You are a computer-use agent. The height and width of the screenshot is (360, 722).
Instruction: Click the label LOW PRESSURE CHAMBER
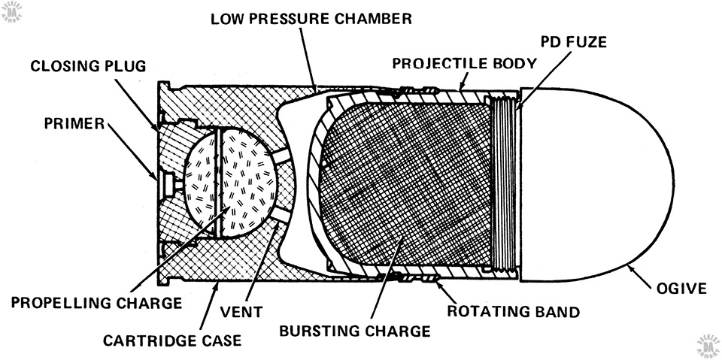coord(311,19)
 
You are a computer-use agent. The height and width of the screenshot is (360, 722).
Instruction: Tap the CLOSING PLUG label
coord(88,66)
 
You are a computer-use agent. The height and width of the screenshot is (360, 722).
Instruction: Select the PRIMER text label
coord(74,124)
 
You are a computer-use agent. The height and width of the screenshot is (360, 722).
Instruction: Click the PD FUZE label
coord(574,42)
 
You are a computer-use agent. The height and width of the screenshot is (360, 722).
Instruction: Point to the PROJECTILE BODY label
coord(465,63)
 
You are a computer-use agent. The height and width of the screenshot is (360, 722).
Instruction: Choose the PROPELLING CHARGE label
coord(97,303)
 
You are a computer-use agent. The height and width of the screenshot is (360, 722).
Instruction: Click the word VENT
coord(241,312)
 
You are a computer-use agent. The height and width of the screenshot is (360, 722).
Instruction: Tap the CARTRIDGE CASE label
coord(171,340)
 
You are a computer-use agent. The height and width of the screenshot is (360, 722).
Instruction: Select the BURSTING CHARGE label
coord(355,331)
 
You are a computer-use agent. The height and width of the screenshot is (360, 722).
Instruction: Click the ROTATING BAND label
coord(514,312)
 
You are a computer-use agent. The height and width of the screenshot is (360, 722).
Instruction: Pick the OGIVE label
coord(681,289)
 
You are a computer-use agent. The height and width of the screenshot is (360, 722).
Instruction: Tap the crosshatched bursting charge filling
coord(405,184)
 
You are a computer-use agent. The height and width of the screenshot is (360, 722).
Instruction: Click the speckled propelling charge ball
coord(230,182)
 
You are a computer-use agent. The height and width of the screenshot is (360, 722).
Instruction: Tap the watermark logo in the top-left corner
coord(11,12)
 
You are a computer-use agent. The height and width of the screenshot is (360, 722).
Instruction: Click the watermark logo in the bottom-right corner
coord(709,348)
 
